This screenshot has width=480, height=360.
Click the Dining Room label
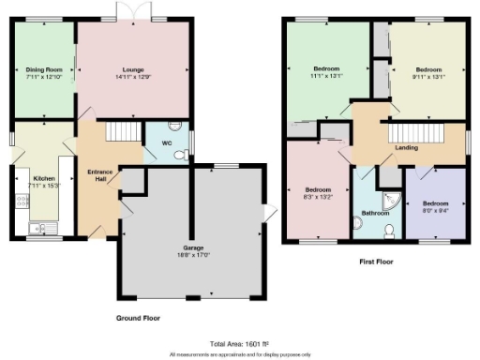click(43, 68)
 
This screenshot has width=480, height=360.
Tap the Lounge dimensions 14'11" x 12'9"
click(133, 76)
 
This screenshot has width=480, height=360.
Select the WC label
click(166, 143)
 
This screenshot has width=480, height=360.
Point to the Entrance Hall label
click(99, 174)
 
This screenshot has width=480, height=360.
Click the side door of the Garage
click(270, 214)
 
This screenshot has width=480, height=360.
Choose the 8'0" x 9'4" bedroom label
click(434, 207)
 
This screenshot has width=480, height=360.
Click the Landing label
click(407, 148)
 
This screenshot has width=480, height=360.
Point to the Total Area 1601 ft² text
click(239, 344)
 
